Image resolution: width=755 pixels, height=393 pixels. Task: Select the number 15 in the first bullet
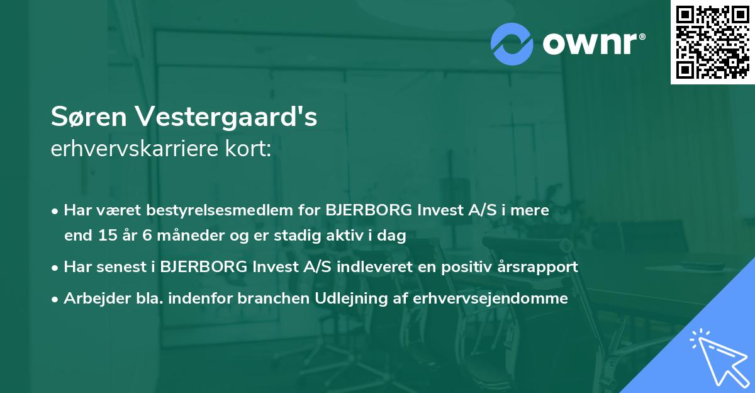pyautogui.click(x=105, y=236)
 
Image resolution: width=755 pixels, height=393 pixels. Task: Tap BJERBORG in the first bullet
pyautogui.click(x=362, y=210)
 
